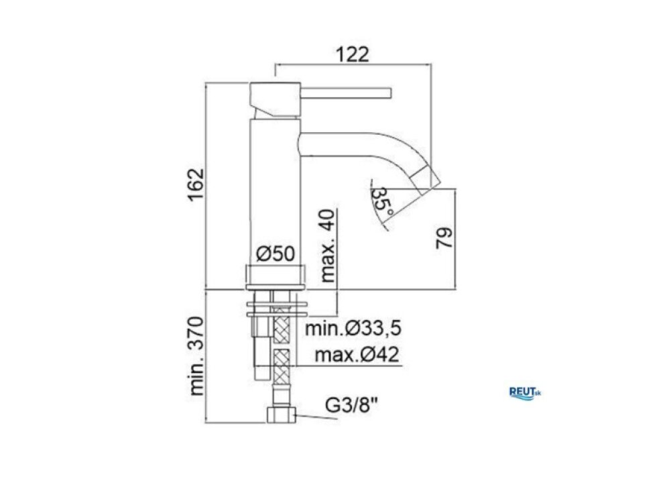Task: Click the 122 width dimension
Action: (x=353, y=54)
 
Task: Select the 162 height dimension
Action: (x=196, y=185)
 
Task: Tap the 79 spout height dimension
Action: (x=444, y=238)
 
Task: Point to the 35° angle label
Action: (x=382, y=201)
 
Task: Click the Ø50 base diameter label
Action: (x=276, y=254)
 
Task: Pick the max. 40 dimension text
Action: (x=328, y=245)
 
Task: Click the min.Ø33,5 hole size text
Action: (x=353, y=328)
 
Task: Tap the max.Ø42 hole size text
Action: (x=357, y=355)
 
